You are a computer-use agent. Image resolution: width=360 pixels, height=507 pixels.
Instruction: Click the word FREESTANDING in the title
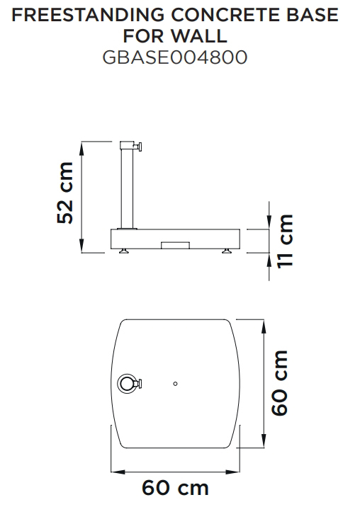coord(88,15)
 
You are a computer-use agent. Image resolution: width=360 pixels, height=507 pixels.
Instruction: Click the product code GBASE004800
coord(175,57)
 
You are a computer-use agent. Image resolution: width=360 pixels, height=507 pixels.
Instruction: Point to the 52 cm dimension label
coord(65,193)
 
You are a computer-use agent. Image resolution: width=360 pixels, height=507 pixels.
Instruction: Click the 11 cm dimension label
coord(285,241)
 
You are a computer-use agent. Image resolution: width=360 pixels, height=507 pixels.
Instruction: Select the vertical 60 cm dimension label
coord(279,383)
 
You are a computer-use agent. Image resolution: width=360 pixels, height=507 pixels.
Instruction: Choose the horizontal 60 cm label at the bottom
coord(175,488)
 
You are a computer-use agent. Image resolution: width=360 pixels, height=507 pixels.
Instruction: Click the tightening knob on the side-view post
coord(139,147)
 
